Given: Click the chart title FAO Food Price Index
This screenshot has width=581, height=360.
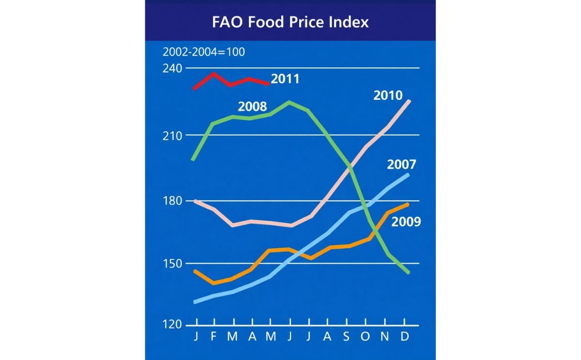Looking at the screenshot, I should point(290,22).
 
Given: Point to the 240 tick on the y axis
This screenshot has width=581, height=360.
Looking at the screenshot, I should point(172,68).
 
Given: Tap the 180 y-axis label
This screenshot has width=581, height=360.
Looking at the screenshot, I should point(172,200).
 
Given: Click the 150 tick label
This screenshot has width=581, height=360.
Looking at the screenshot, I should point(172,264).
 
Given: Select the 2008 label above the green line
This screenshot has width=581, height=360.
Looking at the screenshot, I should point(253,106).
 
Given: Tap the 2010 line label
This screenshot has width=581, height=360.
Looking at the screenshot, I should point(388,95).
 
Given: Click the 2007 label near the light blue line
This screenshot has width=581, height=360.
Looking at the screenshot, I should point(401,164).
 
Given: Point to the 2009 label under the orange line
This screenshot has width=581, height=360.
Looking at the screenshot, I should point(406,222).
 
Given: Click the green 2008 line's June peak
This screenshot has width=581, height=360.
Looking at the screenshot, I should point(290,102).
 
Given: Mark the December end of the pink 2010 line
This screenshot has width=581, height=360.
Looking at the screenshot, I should point(409,101).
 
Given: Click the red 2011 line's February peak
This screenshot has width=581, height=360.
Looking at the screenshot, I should point(214,74).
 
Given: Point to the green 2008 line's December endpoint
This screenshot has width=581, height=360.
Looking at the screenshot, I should point(409,272).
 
